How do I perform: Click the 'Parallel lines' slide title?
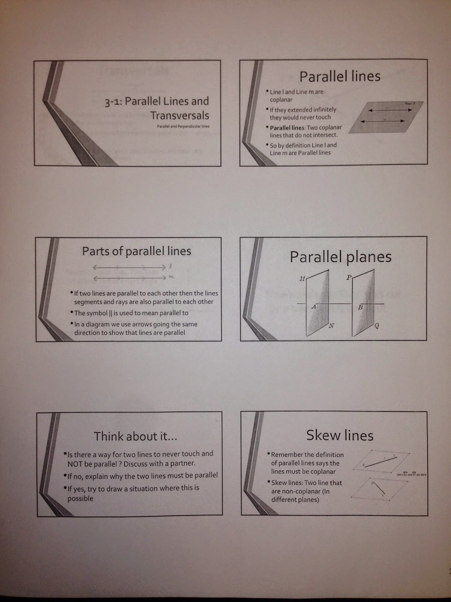pos(340,76)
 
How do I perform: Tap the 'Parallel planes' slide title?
pos(341,257)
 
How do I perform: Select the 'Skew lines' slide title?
pos(340,435)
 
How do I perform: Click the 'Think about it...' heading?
pos(135,436)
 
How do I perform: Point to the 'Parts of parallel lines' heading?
pos(136,251)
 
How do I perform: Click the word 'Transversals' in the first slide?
pos(180,116)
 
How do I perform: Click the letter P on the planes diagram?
pos(349,278)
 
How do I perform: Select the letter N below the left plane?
pos(331,326)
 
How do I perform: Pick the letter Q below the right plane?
pos(377,326)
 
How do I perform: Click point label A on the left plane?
pos(314,307)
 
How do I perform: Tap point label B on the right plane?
pos(360,307)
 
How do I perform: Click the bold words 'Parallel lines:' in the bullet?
pos(288,128)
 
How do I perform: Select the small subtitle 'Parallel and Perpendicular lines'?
pos(183,126)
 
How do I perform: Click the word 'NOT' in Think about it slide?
pos(75,464)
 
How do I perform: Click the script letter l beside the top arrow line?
pos(170,266)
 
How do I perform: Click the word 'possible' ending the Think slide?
pos(80,499)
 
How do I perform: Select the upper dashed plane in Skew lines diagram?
pos(381,461)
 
